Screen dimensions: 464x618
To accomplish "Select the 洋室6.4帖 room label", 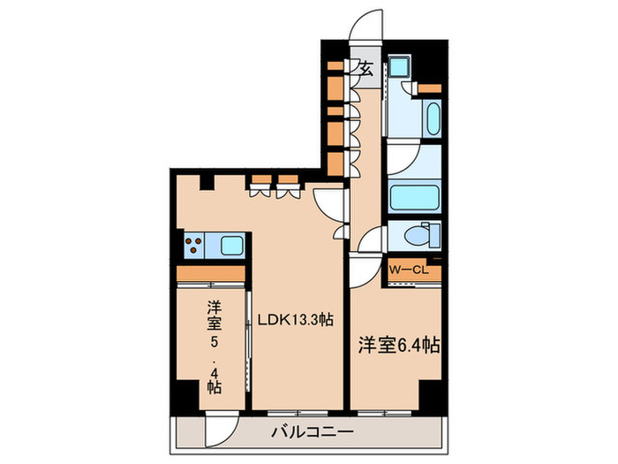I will point(398,346).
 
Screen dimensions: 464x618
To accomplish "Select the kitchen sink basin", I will point(230,244).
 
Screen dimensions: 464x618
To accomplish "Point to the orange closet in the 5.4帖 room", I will point(211,275).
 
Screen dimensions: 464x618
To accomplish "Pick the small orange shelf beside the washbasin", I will point(430,88).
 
